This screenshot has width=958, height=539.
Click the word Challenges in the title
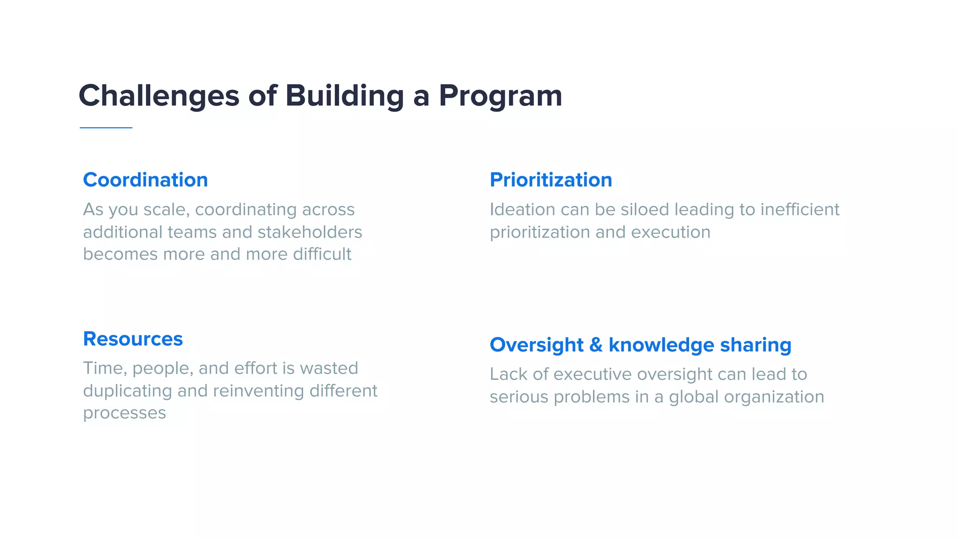(x=159, y=96)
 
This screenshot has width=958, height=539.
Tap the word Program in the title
(x=500, y=96)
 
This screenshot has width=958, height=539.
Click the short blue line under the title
(x=106, y=127)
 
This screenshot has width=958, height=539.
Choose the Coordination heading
(x=145, y=180)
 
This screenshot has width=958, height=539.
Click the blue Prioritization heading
(x=551, y=180)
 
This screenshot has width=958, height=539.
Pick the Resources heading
(x=133, y=339)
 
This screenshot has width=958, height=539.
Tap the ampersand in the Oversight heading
(x=596, y=345)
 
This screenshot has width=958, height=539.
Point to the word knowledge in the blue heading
(x=661, y=345)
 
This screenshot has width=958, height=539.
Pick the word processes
(x=124, y=413)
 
